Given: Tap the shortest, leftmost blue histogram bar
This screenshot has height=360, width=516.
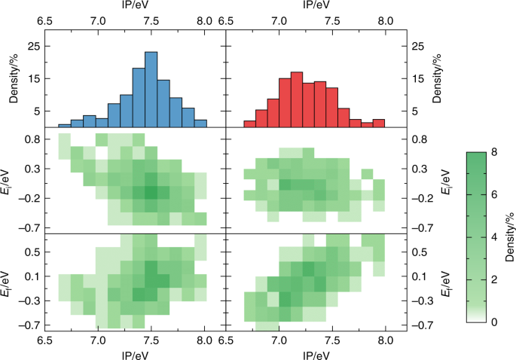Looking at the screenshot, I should [64, 126].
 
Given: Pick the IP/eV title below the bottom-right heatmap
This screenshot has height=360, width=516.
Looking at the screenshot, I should [310, 353].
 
